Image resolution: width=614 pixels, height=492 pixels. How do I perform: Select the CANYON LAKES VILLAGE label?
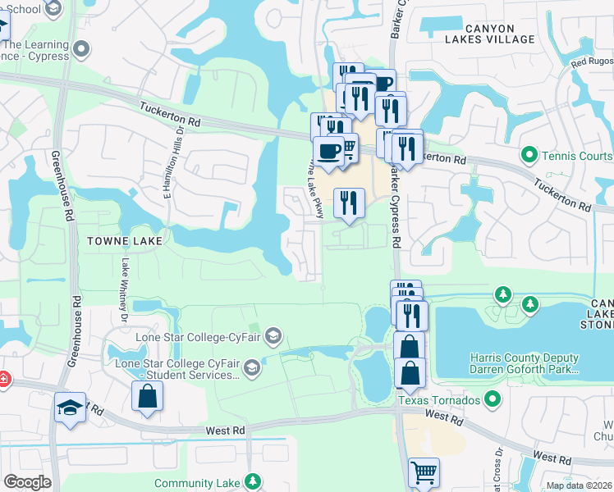491,34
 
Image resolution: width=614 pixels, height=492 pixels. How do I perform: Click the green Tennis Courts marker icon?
529,154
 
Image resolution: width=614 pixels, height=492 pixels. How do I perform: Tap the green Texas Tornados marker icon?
492,399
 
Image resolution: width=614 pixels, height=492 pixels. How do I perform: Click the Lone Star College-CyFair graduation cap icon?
273,335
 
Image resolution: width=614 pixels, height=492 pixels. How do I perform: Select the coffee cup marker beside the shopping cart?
328,152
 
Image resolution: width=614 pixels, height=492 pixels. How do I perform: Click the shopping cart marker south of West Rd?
424,472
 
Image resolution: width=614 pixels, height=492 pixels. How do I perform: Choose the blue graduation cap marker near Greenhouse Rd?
70,407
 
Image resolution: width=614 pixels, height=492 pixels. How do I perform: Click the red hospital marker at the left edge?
2,380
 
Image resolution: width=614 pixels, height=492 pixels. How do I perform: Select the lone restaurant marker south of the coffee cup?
349,203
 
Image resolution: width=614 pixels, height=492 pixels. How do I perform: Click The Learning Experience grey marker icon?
80,51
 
